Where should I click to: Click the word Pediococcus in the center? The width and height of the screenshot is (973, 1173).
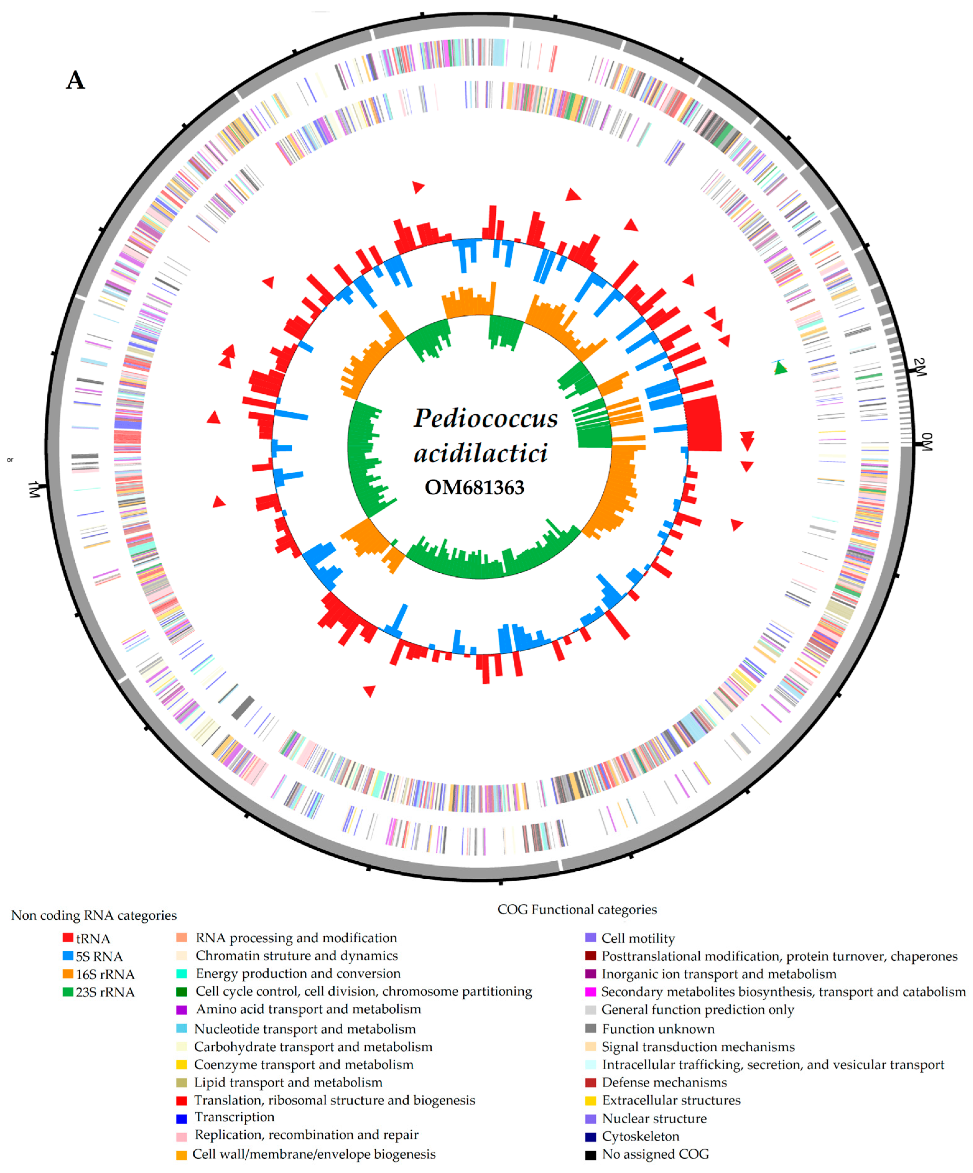click(x=485, y=418)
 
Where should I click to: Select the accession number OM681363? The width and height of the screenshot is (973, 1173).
click(x=475, y=488)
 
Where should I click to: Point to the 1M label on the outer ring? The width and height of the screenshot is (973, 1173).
click(x=35, y=489)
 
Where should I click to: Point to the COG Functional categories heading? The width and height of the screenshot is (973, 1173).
click(x=577, y=910)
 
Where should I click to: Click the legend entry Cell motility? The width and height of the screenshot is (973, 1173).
click(x=638, y=938)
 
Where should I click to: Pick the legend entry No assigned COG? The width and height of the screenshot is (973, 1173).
click(x=655, y=1154)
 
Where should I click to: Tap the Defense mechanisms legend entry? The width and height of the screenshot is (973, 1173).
click(x=664, y=1083)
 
